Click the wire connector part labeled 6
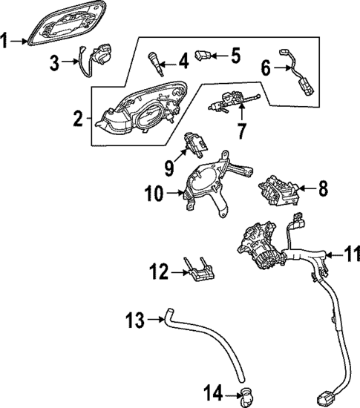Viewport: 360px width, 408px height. (x=295, y=70)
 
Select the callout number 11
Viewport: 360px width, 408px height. (x=352, y=254)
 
